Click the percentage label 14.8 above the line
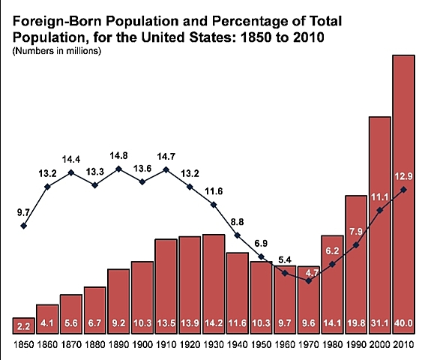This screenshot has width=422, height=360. point(118,155)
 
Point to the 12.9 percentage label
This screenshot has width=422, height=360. point(403,175)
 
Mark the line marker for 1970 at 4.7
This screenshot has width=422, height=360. point(308,280)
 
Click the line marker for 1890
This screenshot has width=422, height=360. point(118,169)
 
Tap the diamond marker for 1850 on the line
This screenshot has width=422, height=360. point(24,226)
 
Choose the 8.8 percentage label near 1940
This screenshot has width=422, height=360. point(238,222)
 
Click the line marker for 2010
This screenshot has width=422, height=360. point(403,190)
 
